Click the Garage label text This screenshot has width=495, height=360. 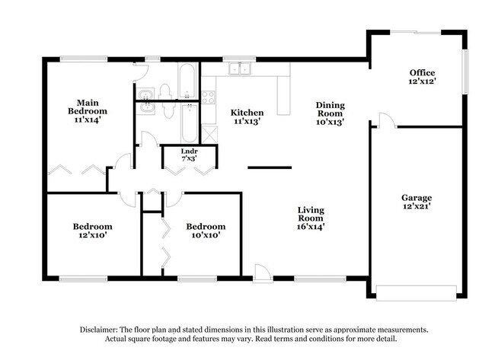click(417, 198)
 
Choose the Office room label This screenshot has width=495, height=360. click(422, 73)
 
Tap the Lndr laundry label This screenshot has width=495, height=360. click(189, 151)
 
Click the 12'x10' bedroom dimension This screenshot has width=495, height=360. click(92, 236)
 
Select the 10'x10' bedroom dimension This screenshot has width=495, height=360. click(206, 236)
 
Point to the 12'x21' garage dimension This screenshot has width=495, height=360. click(417, 208)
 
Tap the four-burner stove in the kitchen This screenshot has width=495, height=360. click(208, 97)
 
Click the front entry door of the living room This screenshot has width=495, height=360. click(261, 273)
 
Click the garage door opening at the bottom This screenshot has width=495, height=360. click(417, 292)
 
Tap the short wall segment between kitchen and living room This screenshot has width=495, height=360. click(270, 167)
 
